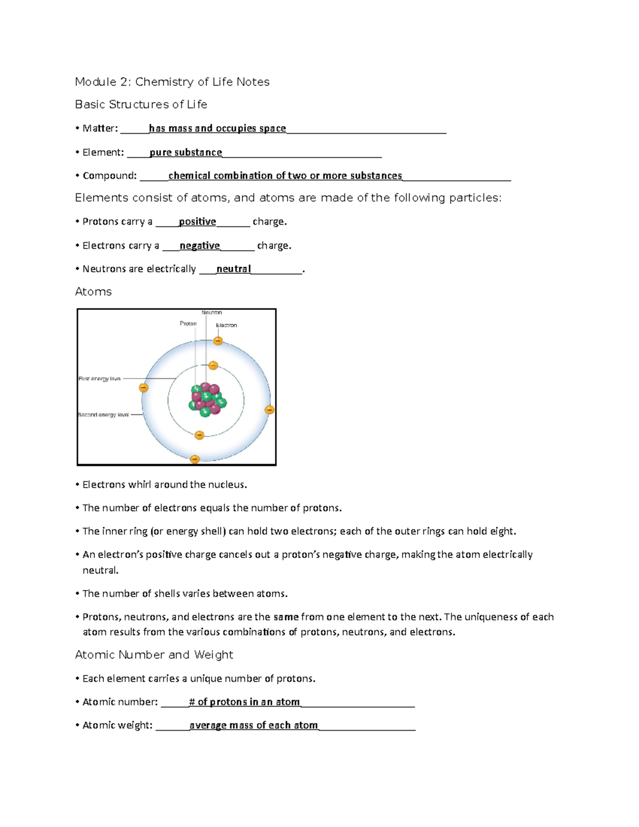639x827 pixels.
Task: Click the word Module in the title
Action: (x=96, y=82)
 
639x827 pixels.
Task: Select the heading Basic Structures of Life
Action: (x=141, y=104)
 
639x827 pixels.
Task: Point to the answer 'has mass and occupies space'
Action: (x=217, y=128)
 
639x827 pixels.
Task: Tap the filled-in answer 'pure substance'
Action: (x=186, y=152)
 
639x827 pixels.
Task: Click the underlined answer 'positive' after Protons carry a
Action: (x=198, y=222)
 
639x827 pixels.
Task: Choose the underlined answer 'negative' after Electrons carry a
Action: (x=200, y=245)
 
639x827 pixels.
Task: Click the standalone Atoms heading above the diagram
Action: (x=93, y=292)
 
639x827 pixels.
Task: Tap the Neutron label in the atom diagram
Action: (x=211, y=313)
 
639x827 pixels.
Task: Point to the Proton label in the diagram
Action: (x=188, y=323)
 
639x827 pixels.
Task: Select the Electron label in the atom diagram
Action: (x=226, y=325)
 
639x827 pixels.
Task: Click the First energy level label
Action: (x=100, y=379)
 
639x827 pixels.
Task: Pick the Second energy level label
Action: (x=103, y=415)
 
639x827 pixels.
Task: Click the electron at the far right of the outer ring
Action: (x=269, y=410)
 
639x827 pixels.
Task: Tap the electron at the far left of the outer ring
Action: (x=143, y=388)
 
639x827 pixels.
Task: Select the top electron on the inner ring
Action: (x=213, y=365)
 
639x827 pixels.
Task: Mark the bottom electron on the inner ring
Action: (x=199, y=435)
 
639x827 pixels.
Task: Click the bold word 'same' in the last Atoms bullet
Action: (x=286, y=617)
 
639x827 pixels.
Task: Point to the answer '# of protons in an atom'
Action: (x=244, y=702)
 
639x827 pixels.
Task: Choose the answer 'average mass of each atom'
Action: (x=253, y=725)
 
